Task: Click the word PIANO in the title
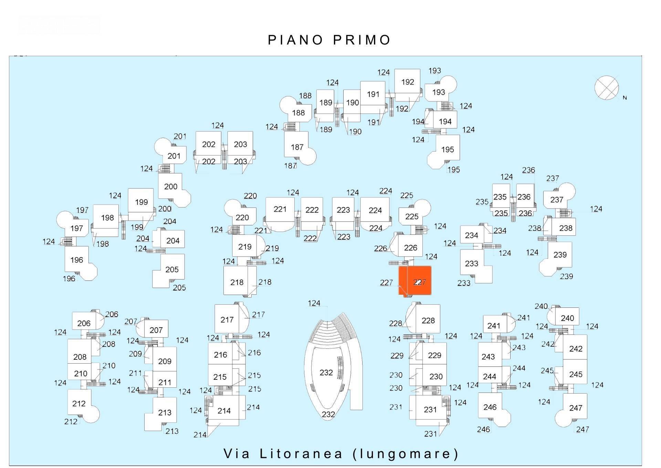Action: point(295,40)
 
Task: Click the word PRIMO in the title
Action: point(362,40)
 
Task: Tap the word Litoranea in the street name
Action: point(301,454)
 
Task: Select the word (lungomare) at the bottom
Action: point(406,454)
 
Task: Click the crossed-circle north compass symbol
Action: point(607,88)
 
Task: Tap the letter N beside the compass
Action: point(625,98)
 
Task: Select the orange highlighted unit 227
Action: point(415,281)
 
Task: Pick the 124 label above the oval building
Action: point(314,303)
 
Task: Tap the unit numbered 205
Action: point(169,271)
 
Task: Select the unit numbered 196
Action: point(79,263)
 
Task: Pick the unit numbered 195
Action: point(445,151)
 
